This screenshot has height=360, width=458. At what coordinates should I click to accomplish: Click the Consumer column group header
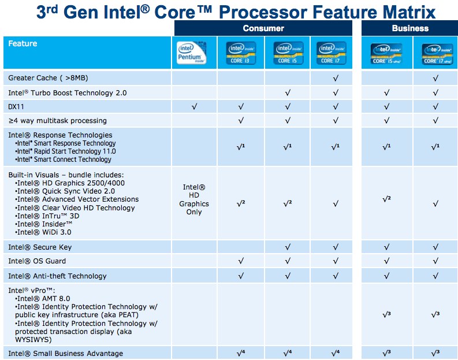click(x=263, y=28)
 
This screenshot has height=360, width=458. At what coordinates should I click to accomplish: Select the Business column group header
click(x=409, y=28)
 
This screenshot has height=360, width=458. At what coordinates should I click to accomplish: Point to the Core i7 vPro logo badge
click(x=437, y=53)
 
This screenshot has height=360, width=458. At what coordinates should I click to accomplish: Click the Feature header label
click(x=23, y=44)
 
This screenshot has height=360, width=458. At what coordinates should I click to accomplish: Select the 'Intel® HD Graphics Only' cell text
click(x=194, y=199)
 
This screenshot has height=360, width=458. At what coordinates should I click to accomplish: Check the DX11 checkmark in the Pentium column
click(x=194, y=106)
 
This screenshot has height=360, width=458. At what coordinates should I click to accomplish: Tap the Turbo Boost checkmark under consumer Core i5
click(x=287, y=92)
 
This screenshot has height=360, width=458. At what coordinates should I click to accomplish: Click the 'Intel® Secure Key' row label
click(x=40, y=247)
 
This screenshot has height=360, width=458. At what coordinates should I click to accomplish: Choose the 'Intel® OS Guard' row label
click(x=37, y=261)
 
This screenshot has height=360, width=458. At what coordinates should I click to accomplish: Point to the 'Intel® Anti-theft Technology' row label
click(x=57, y=276)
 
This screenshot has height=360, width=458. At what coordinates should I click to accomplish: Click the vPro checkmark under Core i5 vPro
click(x=386, y=314)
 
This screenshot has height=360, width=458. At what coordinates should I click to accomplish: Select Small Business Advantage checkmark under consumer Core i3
click(x=241, y=353)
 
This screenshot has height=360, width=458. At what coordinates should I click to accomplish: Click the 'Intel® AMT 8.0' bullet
click(x=44, y=298)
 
